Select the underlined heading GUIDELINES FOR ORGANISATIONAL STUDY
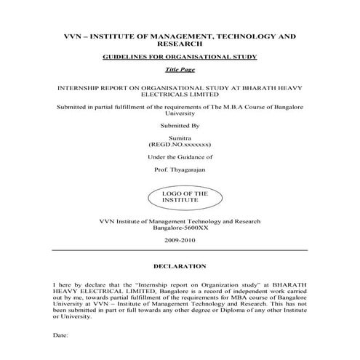180,56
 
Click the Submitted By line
180,125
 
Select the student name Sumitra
180,138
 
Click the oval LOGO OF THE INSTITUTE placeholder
179,197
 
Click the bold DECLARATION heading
180,266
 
